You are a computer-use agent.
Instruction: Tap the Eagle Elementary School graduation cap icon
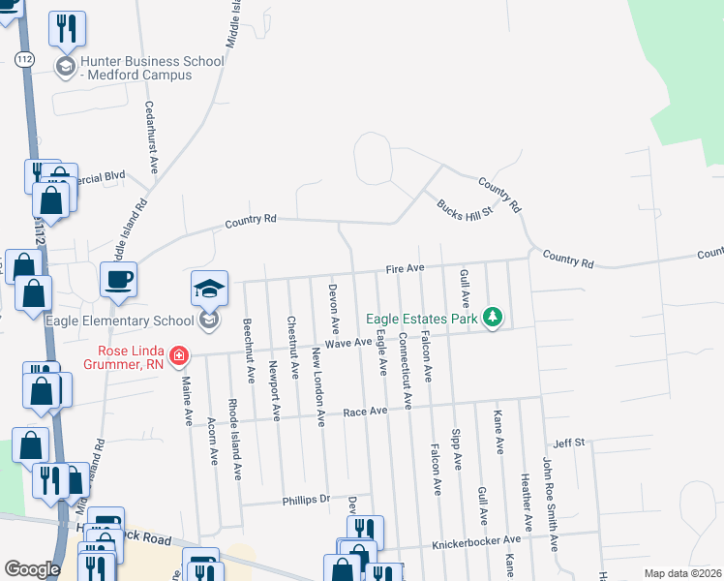pos(209,288)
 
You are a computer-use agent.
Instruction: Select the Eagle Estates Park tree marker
pos(494,317)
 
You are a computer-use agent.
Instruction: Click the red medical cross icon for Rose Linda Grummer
pos(178,357)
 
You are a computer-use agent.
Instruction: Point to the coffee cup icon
pos(119,280)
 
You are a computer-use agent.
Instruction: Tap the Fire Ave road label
pos(406,267)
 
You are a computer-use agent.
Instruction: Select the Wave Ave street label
pos(348,343)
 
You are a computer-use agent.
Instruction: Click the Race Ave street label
pos(365,412)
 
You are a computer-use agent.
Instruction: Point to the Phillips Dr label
pos(306,500)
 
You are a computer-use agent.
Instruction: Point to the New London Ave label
pos(317,385)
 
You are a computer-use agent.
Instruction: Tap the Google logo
pos(32,569)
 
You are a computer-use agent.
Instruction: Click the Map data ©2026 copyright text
pos(682,573)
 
